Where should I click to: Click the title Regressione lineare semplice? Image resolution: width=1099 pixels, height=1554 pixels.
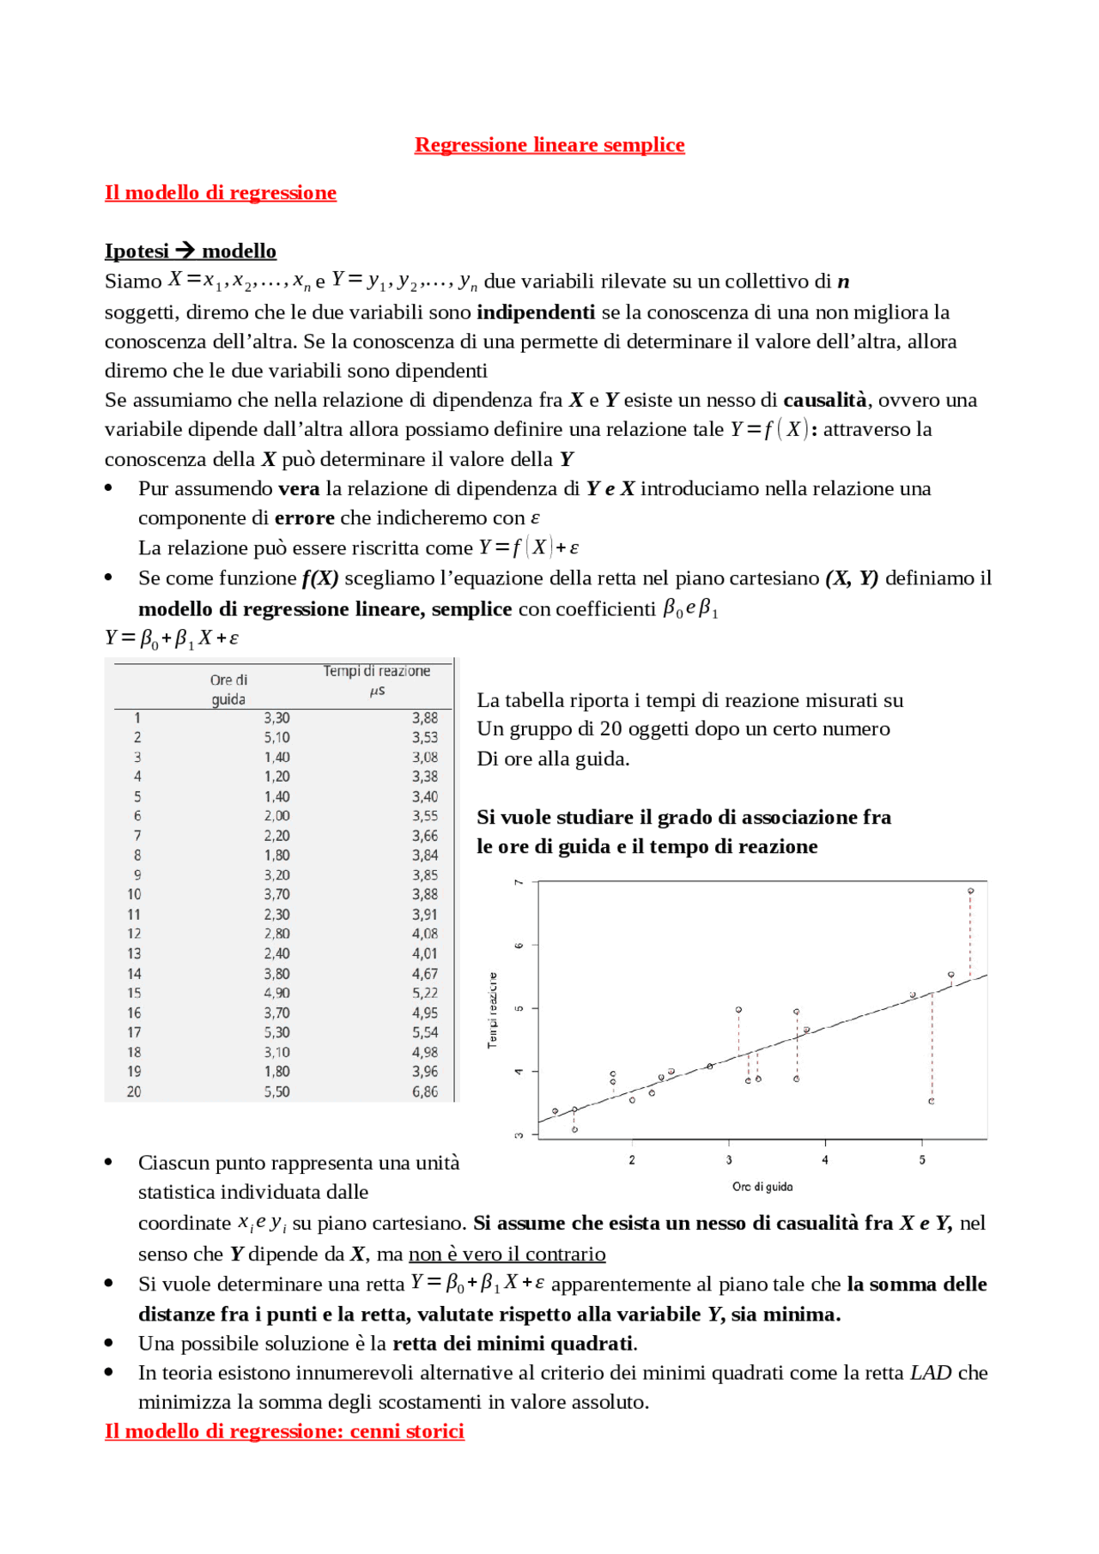pos(549,145)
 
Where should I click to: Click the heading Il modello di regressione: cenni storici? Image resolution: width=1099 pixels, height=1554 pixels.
pos(284,1430)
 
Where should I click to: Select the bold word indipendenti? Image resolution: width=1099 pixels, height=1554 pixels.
pos(535,312)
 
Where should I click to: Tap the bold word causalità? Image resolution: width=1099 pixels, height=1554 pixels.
pos(824,400)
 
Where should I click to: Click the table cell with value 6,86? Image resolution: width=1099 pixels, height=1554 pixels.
pos(425,1091)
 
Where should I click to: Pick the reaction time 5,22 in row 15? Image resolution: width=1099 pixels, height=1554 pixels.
pos(425,993)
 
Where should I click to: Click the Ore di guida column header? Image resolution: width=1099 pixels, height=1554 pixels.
pos(228,689)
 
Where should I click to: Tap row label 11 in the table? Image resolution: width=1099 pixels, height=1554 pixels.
pos(134,915)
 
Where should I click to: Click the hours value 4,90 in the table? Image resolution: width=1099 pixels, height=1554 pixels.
pos(276,993)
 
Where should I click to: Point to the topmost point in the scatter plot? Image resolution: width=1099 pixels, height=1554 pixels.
pos(970,891)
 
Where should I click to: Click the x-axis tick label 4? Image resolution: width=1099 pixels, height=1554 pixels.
pos(825,1160)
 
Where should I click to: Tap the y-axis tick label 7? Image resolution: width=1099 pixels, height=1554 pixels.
pos(519,882)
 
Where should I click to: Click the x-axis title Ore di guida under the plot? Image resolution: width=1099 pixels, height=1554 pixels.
pos(762,1187)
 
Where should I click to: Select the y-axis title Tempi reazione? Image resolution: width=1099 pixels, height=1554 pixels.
pos(493,1010)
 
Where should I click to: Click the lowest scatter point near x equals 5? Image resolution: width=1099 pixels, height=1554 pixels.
pos(932,1101)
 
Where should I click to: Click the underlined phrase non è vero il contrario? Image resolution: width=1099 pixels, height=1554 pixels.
pos(507,1255)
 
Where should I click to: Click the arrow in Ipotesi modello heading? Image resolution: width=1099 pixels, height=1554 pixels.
pos(185,251)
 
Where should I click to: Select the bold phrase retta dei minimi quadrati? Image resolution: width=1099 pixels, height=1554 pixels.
pos(513,1343)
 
